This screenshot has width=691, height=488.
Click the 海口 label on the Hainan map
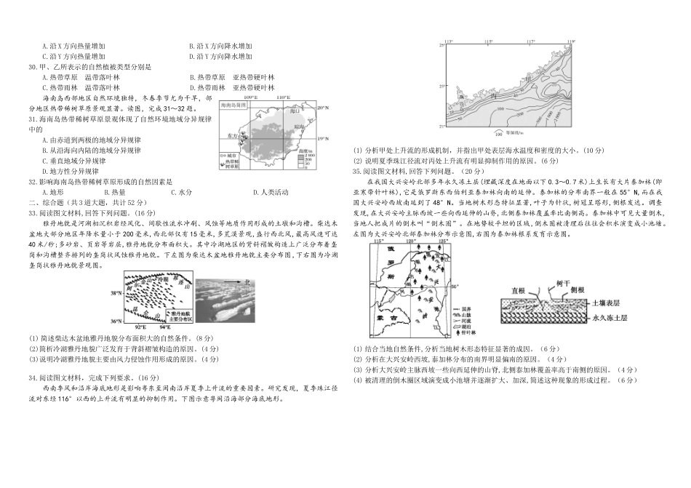273,113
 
